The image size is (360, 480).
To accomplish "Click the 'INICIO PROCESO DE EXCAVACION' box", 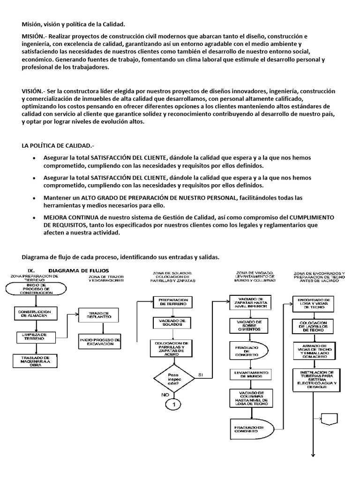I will pyautogui.click(x=100, y=342).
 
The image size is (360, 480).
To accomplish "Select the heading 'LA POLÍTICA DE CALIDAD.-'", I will pyautogui.click(x=58, y=145).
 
